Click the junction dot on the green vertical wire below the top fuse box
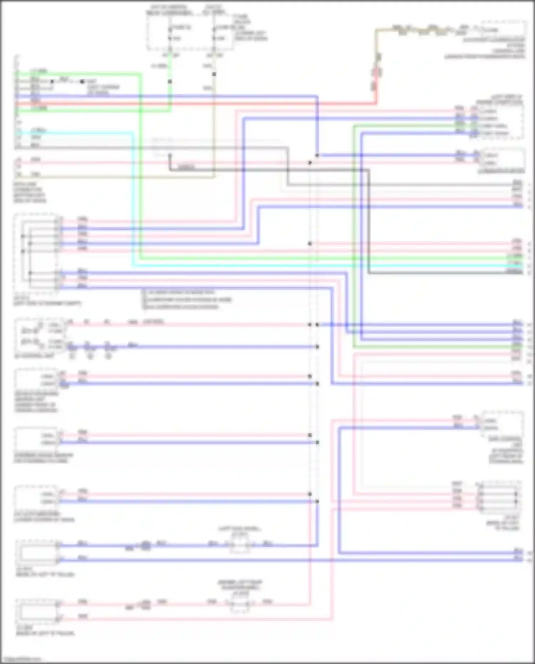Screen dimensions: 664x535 coord(170,82)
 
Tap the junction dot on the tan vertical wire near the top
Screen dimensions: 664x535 coord(214,74)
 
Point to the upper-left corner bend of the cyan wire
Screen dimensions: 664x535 coord(133,133)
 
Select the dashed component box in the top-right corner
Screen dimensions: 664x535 coord(504,29)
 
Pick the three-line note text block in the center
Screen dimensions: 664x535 coord(187,299)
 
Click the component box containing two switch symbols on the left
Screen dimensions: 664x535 coord(39,336)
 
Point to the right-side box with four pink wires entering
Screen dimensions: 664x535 coord(499,497)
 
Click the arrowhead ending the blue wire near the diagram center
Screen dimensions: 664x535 coord(316,155)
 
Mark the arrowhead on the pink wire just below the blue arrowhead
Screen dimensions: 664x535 coord(310,163)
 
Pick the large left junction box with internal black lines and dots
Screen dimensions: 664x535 coord(36,253)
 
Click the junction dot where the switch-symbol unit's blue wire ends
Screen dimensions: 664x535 coord(317,347)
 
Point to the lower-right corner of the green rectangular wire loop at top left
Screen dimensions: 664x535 coord(170,111)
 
